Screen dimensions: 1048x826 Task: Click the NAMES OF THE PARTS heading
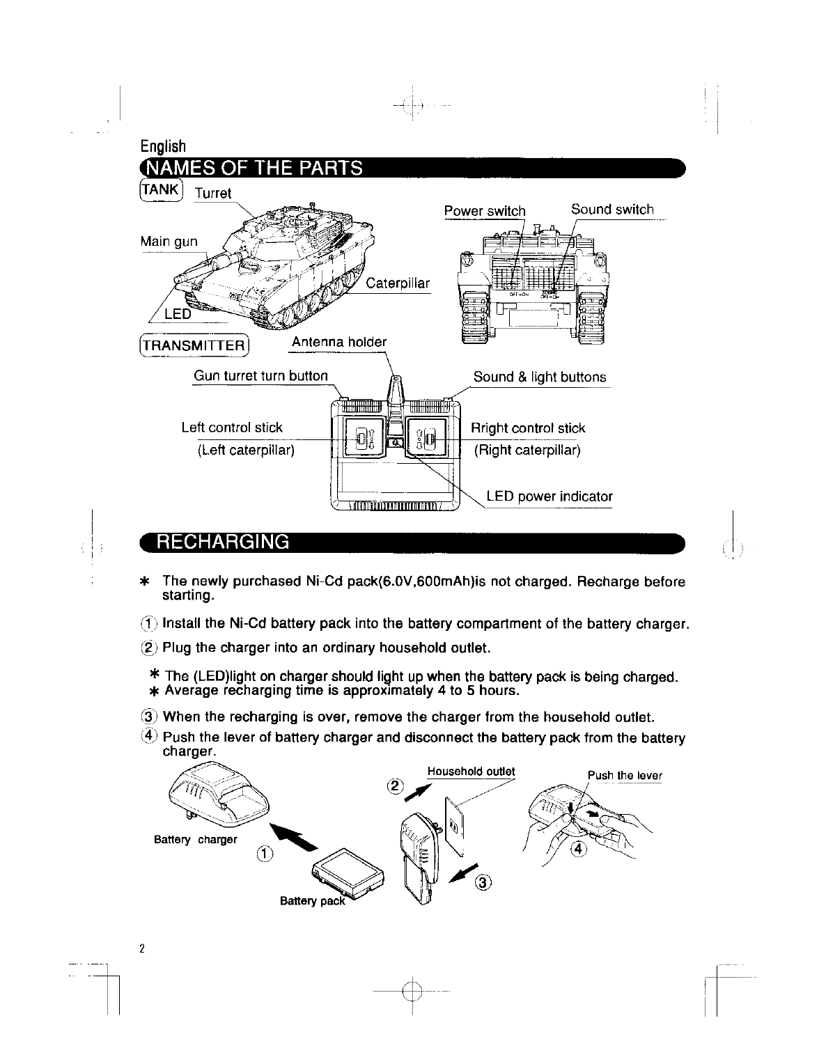pyautogui.click(x=252, y=169)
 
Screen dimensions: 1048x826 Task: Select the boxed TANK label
pyautogui.click(x=161, y=188)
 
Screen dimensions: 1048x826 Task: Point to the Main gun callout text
pyautogui.click(x=169, y=242)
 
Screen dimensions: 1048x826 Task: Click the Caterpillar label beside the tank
pyautogui.click(x=398, y=283)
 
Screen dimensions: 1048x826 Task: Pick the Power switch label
pyautogui.click(x=485, y=211)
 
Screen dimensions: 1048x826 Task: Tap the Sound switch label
pyautogui.click(x=612, y=210)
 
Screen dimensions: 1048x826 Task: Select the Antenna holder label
pyautogui.click(x=338, y=342)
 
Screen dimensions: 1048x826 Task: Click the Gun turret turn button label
pyautogui.click(x=260, y=376)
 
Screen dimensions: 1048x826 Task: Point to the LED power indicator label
pyautogui.click(x=550, y=496)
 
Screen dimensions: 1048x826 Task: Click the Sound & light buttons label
pyautogui.click(x=540, y=377)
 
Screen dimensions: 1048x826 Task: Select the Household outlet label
pyautogui.click(x=471, y=772)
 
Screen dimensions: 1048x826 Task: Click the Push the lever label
pyautogui.click(x=625, y=776)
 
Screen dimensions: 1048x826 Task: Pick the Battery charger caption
pyautogui.click(x=195, y=840)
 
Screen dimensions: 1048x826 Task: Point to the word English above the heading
pyautogui.click(x=163, y=146)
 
